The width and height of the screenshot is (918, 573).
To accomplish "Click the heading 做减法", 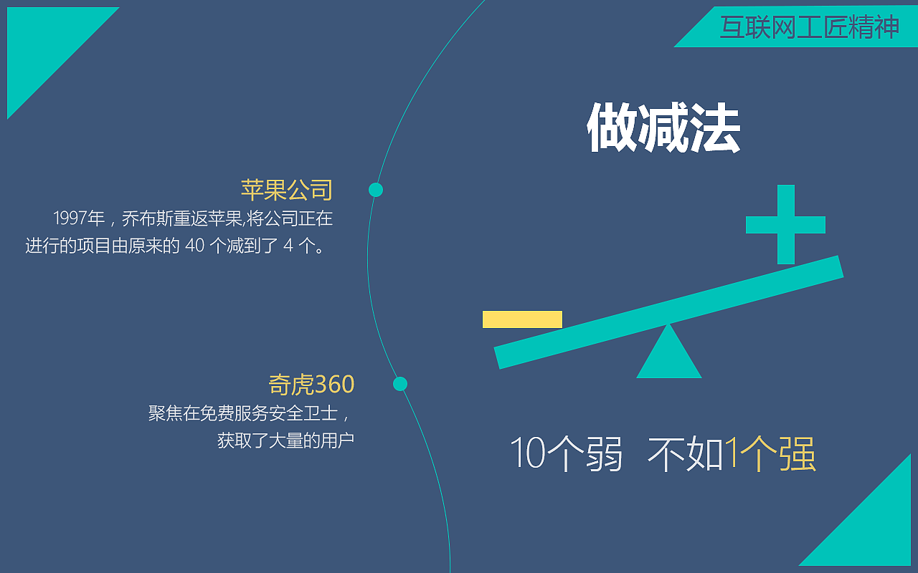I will (x=663, y=129).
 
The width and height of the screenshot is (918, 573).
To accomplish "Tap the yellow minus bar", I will (x=522, y=319).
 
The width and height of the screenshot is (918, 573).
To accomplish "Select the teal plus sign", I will (x=785, y=224).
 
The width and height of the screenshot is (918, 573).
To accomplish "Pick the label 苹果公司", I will (x=287, y=190).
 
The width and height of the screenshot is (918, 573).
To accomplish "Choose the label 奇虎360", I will (x=311, y=385).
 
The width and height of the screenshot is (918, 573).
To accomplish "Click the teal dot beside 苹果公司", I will (x=376, y=190).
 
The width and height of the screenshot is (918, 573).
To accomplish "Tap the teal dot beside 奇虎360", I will (x=400, y=384).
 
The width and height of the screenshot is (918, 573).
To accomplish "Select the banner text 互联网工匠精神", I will (x=809, y=27).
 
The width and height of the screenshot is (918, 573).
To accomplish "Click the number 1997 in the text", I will (x=70, y=218).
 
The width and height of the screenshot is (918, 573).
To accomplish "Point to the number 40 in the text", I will (x=195, y=246).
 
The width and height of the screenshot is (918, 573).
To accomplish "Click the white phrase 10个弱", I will (x=566, y=453).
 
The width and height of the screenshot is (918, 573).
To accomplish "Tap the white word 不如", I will (x=685, y=453).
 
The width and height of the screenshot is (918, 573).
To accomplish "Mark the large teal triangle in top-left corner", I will (x=43, y=43).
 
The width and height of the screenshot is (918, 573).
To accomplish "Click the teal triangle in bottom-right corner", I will (x=875, y=530).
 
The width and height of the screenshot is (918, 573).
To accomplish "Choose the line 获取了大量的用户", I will (x=285, y=440).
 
